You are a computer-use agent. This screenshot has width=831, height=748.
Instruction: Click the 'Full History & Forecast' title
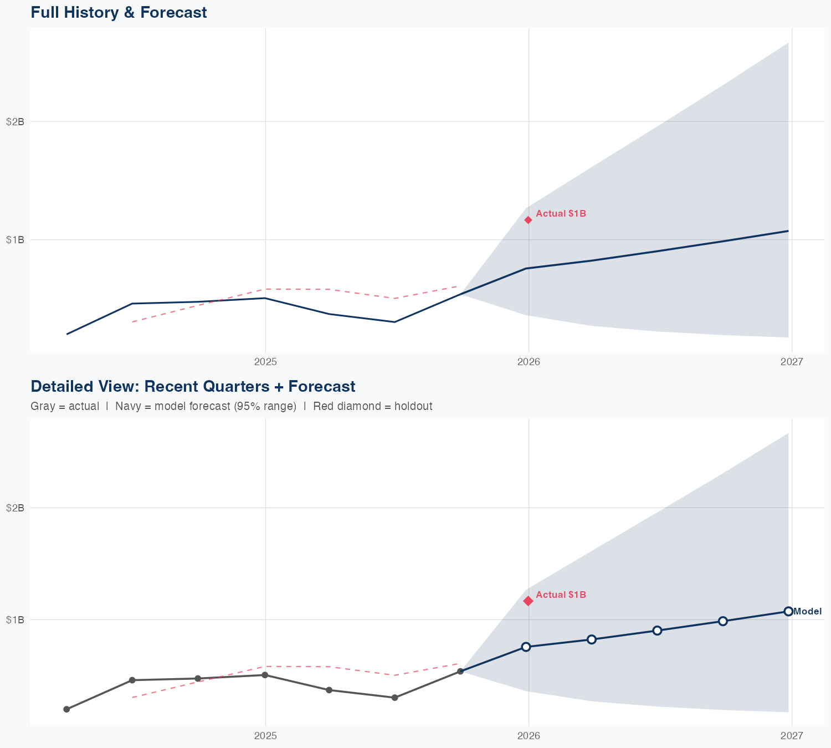pyautogui.click(x=119, y=13)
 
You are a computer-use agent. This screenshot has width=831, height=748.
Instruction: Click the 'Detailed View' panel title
pyautogui.click(x=193, y=386)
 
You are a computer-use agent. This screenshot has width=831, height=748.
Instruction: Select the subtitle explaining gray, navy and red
pyautogui.click(x=231, y=406)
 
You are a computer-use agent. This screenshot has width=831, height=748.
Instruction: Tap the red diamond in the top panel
pyautogui.click(x=529, y=220)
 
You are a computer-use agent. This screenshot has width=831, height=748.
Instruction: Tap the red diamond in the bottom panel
pyautogui.click(x=529, y=601)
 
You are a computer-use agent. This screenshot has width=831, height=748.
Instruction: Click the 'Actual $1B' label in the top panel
pyautogui.click(x=561, y=214)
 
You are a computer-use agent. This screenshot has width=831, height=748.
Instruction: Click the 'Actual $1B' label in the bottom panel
pyautogui.click(x=561, y=595)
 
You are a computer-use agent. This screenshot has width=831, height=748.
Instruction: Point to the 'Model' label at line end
pyautogui.click(x=807, y=612)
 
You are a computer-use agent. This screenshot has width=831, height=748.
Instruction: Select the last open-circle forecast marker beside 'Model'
pyautogui.click(x=788, y=612)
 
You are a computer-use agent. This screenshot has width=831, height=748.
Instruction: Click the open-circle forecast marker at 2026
pyautogui.click(x=526, y=647)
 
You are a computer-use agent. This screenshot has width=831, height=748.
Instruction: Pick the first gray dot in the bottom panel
pyautogui.click(x=66, y=709)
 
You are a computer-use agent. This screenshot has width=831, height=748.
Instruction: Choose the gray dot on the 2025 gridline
pyautogui.click(x=265, y=675)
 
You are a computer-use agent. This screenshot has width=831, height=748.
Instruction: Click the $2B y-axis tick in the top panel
pyautogui.click(x=15, y=122)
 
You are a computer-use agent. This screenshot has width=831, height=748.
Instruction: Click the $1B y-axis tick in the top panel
pyautogui.click(x=15, y=240)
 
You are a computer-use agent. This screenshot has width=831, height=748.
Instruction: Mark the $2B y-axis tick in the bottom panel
pyautogui.click(x=15, y=508)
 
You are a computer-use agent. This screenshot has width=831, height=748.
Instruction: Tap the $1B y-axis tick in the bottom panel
pyautogui.click(x=15, y=619)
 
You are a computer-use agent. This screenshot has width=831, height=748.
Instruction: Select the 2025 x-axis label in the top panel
pyautogui.click(x=265, y=362)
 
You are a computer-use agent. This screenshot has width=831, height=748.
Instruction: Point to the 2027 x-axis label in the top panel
pyautogui.click(x=792, y=362)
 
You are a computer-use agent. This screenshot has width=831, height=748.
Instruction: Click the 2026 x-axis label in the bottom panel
pyautogui.click(x=529, y=736)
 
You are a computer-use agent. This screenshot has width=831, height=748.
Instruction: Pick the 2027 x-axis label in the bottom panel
pyautogui.click(x=792, y=736)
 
